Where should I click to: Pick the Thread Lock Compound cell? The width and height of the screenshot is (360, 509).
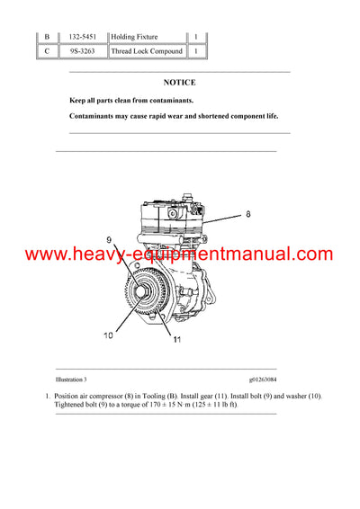147,51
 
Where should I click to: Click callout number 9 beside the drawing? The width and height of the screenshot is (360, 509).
109,240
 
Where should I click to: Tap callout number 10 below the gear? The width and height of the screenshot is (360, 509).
108,335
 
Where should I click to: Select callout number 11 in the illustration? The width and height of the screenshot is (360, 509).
176,339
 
